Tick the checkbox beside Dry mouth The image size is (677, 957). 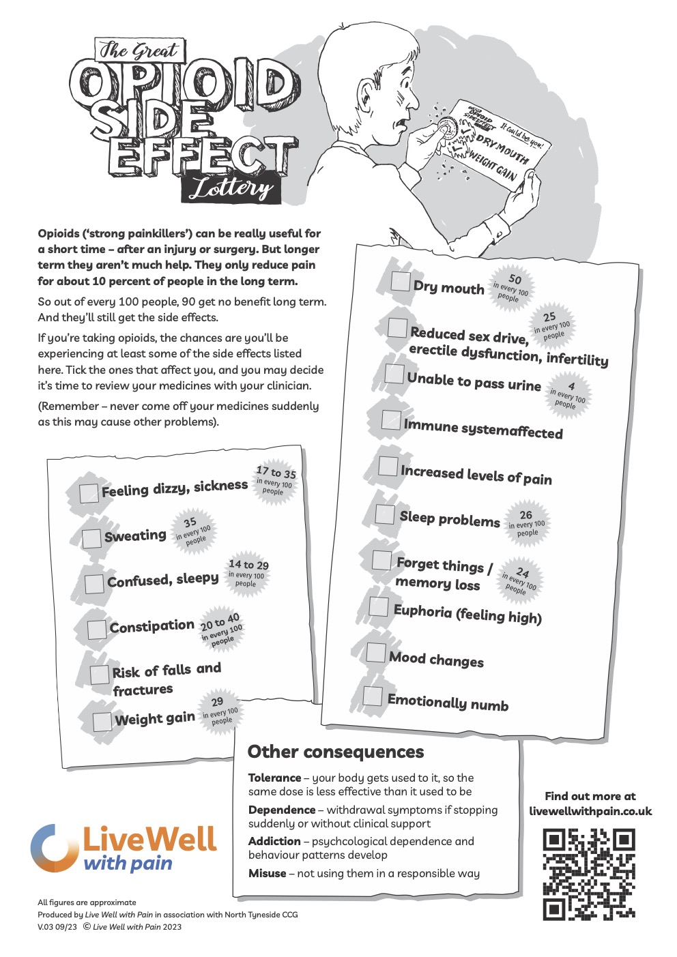(x=401, y=282)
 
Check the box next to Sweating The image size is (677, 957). (x=92, y=538)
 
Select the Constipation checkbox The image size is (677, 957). (x=98, y=629)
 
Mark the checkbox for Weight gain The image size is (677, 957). (x=102, y=721)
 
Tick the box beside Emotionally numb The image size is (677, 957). (x=373, y=696)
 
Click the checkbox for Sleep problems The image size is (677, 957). (x=385, y=514)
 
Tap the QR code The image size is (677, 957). (x=589, y=874)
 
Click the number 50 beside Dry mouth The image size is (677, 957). (x=515, y=279)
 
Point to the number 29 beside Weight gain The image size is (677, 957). (x=217, y=701)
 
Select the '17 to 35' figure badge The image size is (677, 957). (x=276, y=473)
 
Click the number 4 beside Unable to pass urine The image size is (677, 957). (x=571, y=386)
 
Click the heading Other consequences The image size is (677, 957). (x=335, y=752)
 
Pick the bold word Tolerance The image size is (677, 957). (x=274, y=778)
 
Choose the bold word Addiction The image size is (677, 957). (x=274, y=841)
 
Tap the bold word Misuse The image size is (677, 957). (x=267, y=873)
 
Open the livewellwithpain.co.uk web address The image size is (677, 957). (x=590, y=811)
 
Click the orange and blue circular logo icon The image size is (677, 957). (x=52, y=847)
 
